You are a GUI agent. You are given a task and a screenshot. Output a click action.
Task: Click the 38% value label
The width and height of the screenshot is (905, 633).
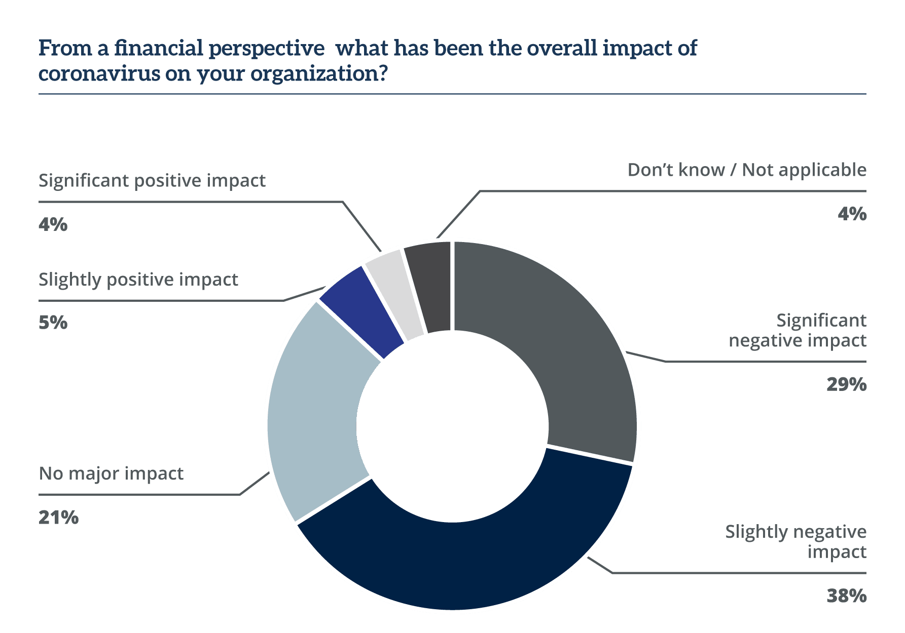pos(846,596)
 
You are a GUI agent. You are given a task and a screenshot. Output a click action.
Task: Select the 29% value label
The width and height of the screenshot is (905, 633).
pos(846,384)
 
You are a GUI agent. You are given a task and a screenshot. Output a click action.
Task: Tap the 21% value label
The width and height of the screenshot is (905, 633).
pos(58,517)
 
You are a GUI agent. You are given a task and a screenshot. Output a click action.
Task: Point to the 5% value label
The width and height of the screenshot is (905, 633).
pos(53,322)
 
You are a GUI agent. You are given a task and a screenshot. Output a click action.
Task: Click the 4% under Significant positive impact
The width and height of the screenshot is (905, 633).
pos(53,223)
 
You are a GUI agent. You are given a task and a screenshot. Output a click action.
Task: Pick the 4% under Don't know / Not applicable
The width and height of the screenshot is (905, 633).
pos(852,214)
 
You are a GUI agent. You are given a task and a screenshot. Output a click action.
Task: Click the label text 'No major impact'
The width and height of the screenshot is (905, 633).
pos(111,473)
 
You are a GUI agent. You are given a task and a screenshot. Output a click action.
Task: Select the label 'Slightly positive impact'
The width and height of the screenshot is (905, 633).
pos(138,280)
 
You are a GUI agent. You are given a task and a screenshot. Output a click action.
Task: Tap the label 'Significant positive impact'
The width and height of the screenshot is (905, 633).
pos(152,181)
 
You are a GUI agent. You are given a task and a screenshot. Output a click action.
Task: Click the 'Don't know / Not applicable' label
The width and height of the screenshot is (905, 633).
pos(747,170)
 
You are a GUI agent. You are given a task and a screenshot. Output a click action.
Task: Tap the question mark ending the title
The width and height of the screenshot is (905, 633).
pos(383,74)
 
